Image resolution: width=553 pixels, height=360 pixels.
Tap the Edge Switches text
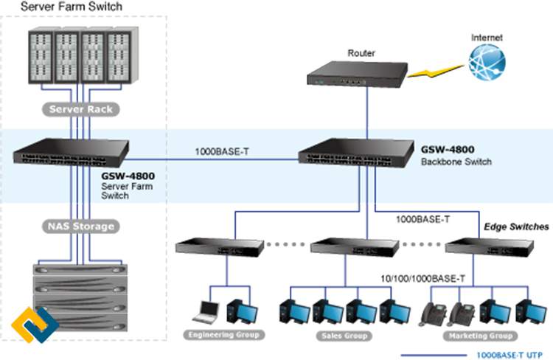[515, 226]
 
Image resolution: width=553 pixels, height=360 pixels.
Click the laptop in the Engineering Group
[206, 312]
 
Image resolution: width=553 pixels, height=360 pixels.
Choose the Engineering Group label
[224, 335]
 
